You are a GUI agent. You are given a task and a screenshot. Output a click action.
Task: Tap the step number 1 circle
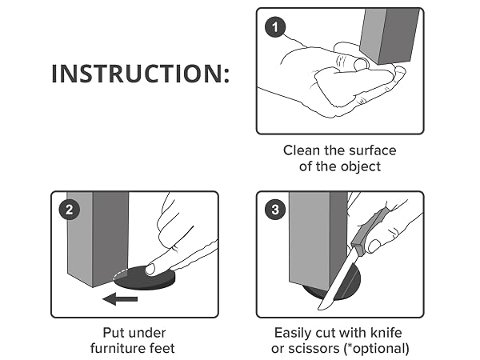point(275,27)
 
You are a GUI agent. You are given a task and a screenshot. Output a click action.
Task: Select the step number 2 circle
point(70,210)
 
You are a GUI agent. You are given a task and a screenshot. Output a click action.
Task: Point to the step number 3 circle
point(275,210)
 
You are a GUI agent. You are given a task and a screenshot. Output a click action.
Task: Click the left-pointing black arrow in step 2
point(120,298)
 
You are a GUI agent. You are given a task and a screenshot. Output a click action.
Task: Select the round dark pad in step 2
point(145,278)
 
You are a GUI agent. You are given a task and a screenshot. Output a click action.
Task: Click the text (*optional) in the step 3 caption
point(377,349)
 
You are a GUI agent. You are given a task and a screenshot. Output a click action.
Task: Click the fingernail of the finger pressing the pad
point(150,270)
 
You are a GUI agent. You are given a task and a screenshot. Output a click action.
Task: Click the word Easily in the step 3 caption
point(291,333)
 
